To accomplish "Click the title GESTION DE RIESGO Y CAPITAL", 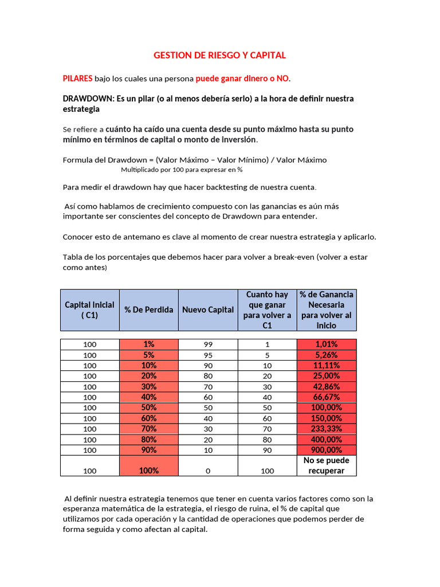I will [219, 55].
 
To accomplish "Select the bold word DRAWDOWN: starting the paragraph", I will [88, 99].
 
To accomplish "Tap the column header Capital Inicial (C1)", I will [89, 310].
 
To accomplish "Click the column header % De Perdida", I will [149, 310].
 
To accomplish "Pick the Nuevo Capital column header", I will [208, 310].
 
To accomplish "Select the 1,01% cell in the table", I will [327, 345].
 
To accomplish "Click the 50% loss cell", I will [149, 408].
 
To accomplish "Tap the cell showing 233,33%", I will [327, 429].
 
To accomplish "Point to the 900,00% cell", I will [327, 450].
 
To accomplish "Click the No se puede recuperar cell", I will [327, 465].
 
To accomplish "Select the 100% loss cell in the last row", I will [149, 471].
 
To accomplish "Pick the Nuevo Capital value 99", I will [208, 345].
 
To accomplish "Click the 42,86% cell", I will [327, 387].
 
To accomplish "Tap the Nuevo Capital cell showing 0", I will [208, 471].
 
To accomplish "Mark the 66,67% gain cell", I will [327, 397].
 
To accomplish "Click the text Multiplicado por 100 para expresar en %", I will [182, 170].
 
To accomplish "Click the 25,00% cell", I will [327, 376].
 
